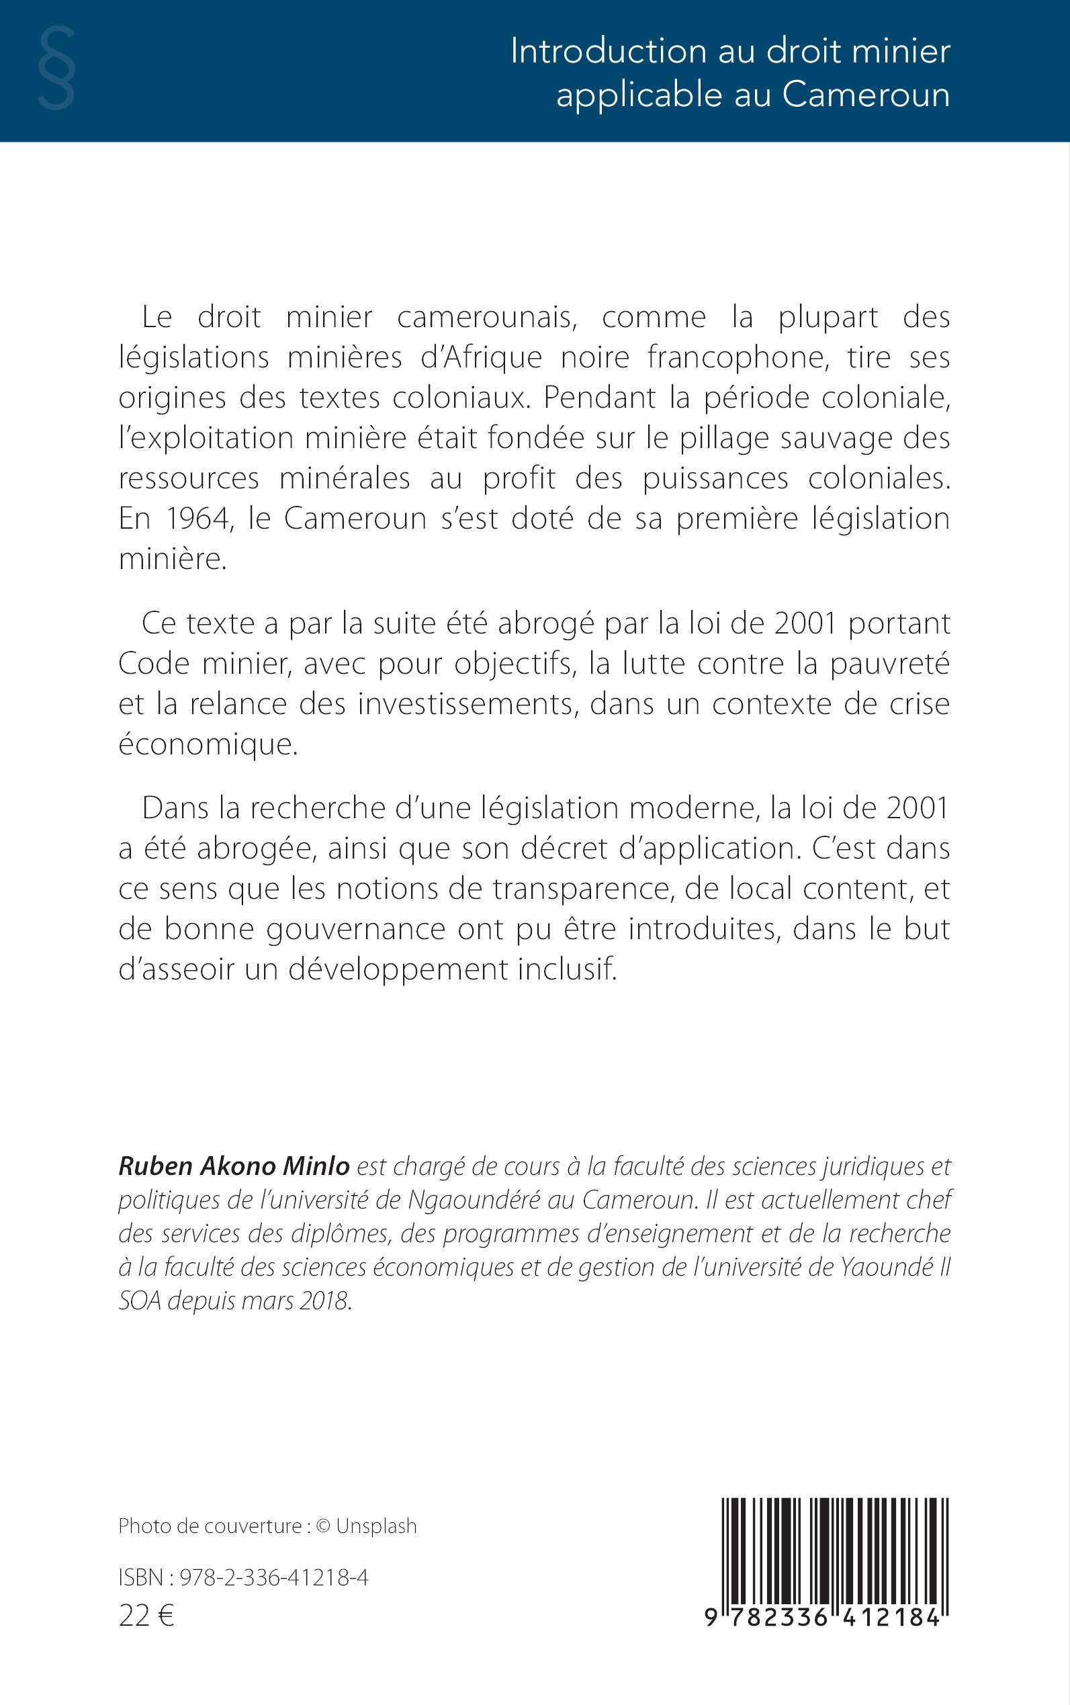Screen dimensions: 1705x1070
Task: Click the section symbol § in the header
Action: pos(56,69)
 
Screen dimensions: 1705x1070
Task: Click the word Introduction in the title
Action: pos(608,52)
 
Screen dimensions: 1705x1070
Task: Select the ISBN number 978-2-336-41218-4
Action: pos(274,1577)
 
